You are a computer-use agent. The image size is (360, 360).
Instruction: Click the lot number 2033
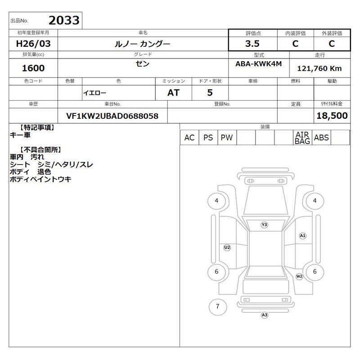tap(64, 20)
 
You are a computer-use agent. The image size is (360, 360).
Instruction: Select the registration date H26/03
tap(33, 44)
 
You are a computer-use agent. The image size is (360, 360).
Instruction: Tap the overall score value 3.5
tap(252, 44)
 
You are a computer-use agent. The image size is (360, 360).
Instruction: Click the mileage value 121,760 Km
tap(319, 68)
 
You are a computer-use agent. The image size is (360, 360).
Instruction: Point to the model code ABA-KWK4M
tap(258, 64)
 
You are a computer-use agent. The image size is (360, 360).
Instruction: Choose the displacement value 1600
tap(33, 68)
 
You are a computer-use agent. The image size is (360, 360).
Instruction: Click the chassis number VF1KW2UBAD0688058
tap(112, 116)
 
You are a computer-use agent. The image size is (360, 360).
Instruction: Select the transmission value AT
tap(173, 93)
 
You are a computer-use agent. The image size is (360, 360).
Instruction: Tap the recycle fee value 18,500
tap(332, 116)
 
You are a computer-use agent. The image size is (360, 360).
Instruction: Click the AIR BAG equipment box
tap(302, 138)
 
